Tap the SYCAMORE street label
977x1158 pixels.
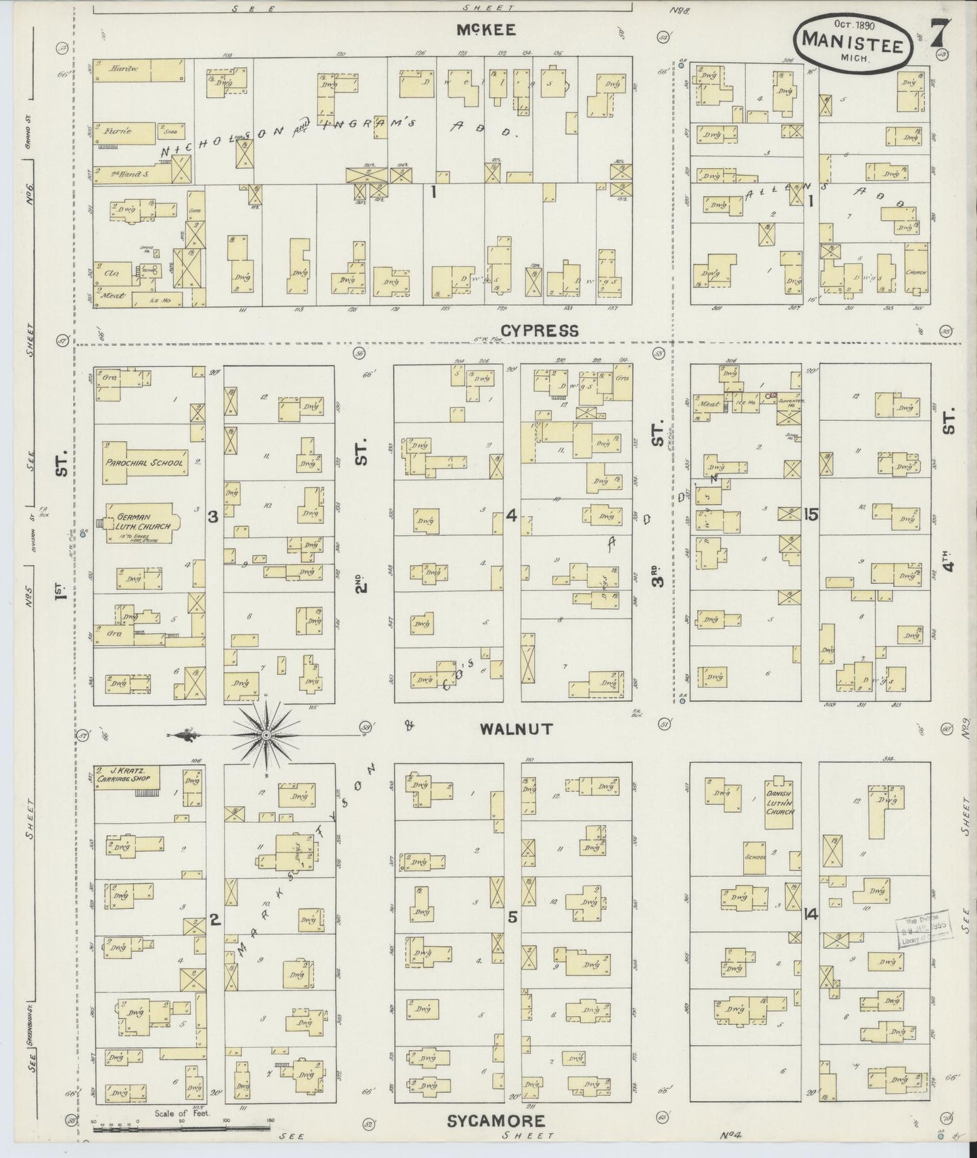tap(496, 1121)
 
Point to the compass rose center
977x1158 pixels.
tap(266, 734)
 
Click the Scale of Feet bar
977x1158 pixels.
tap(183, 1128)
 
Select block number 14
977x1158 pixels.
tap(811, 915)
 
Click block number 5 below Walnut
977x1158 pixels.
tap(513, 917)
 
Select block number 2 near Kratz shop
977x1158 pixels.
tap(214, 919)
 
